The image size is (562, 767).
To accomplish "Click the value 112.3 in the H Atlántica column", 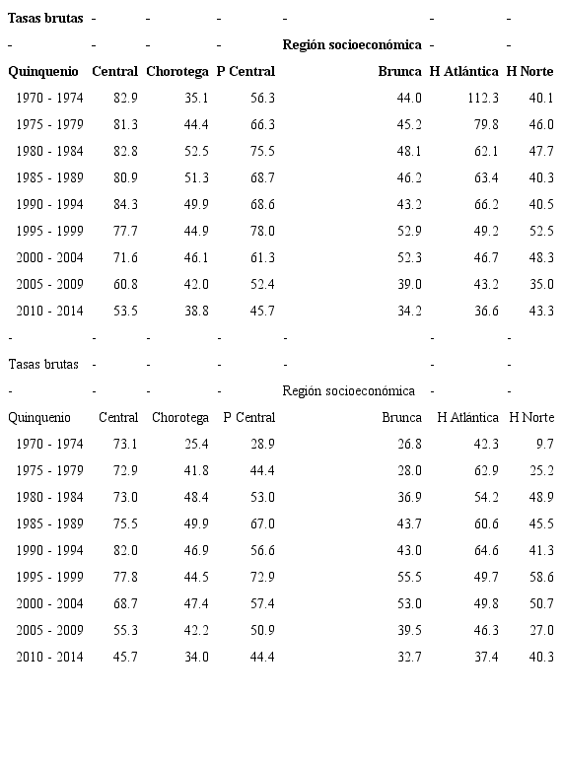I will (x=482, y=99).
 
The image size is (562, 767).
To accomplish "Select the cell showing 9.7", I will (x=544, y=445).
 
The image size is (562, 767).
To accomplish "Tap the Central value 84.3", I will (x=125, y=205).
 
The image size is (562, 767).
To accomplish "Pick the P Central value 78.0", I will (x=262, y=232).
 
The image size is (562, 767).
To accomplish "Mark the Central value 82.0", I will (x=125, y=551).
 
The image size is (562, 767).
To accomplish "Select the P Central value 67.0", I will (x=262, y=524).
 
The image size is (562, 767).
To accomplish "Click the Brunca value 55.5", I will (x=409, y=578).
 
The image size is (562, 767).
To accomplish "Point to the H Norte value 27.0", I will (x=540, y=631).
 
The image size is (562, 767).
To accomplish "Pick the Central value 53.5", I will (x=125, y=312).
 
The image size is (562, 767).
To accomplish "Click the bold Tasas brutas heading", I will (x=45, y=19).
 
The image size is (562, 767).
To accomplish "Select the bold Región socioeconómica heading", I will (x=352, y=45).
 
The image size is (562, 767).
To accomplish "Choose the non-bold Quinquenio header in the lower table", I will (x=39, y=418).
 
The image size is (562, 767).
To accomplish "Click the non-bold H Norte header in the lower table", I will (x=530, y=418).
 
